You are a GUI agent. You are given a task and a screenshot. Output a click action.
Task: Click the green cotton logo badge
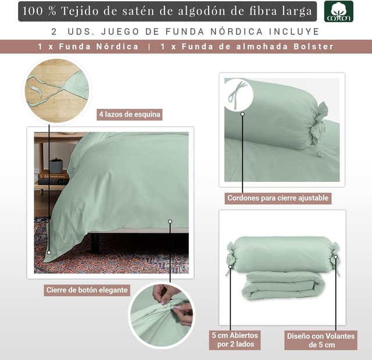[x=338, y=12]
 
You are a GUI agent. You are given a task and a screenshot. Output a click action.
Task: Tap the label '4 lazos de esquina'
[x=130, y=115]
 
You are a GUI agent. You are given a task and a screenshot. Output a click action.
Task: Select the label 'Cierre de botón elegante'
[x=87, y=290]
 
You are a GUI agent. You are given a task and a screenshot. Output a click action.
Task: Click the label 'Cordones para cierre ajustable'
[x=278, y=198]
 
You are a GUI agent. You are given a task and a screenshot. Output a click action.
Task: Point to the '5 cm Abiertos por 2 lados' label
[x=235, y=340]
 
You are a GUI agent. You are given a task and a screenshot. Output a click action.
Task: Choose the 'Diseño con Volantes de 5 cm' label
[x=321, y=340]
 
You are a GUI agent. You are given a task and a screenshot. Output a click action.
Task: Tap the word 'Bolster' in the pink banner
[x=314, y=47]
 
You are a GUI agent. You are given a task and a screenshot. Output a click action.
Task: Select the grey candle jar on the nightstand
[x=56, y=166]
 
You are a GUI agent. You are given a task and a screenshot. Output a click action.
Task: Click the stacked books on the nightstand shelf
[x=53, y=178]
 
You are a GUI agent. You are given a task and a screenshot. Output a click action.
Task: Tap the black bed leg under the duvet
[x=94, y=243]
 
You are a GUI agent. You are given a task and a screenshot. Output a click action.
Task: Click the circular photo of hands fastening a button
[x=162, y=315]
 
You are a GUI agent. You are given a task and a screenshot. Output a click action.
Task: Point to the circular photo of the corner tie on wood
[x=57, y=91]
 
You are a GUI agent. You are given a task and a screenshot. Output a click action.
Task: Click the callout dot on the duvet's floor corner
[x=49, y=252]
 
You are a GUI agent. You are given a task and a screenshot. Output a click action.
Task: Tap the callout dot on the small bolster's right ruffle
[x=336, y=257]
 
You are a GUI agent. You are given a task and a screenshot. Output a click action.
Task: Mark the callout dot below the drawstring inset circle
[x=242, y=114]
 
